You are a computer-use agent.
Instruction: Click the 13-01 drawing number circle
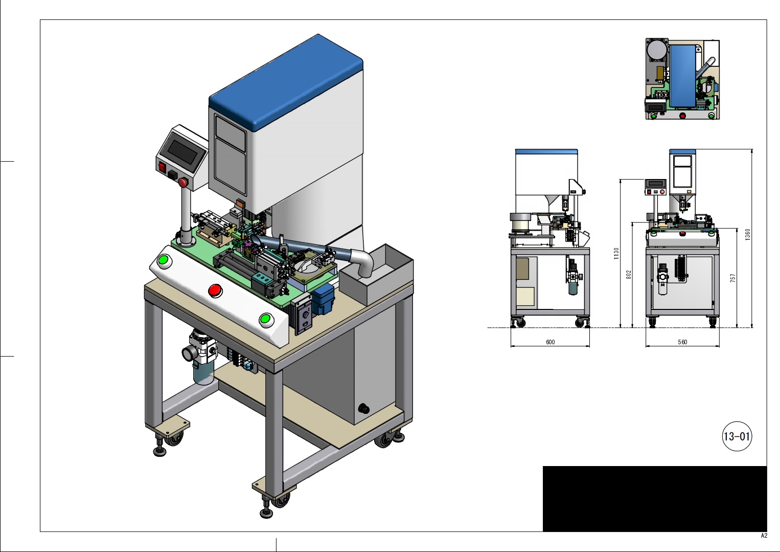[737, 436]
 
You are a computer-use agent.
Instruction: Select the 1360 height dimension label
[747, 235]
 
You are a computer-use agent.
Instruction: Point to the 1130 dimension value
[616, 253]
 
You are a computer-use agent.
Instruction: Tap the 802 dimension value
[629, 275]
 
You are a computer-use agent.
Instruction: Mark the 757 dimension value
[733, 278]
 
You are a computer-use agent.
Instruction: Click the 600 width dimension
[550, 342]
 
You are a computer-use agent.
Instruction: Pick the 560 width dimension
[682, 342]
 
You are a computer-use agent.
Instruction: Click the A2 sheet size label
[764, 536]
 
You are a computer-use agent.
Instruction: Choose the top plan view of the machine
[682, 79]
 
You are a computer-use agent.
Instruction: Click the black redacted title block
[654, 498]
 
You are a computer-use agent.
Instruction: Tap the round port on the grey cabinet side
[364, 408]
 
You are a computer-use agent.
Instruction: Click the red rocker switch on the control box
[163, 167]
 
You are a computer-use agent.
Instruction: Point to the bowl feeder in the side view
[521, 223]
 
